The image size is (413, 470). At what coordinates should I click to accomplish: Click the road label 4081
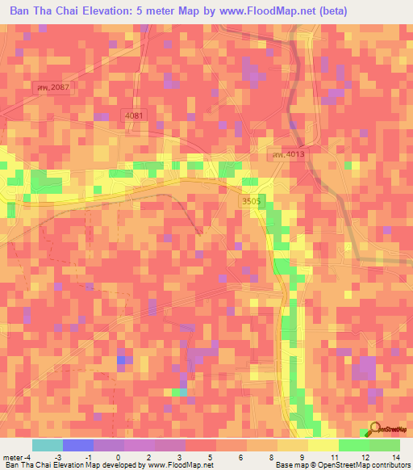click(135, 116)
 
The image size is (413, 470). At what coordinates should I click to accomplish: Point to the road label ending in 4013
click(289, 154)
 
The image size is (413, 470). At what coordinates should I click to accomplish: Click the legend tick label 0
click(119, 457)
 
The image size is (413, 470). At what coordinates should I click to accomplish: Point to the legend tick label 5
click(211, 457)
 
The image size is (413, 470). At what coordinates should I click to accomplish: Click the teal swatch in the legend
click(47, 445)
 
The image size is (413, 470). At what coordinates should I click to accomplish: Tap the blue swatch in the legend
click(77, 445)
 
